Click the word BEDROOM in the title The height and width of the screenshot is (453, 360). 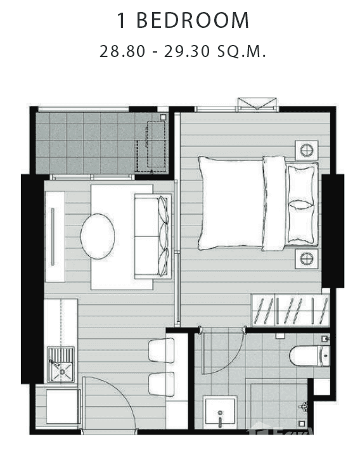[201, 21]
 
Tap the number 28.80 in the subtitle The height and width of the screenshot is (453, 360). [121, 51]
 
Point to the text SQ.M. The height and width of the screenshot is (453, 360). [242, 51]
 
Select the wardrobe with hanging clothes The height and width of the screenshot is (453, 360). [290, 310]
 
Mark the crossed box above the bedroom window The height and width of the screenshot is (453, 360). [257, 104]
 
